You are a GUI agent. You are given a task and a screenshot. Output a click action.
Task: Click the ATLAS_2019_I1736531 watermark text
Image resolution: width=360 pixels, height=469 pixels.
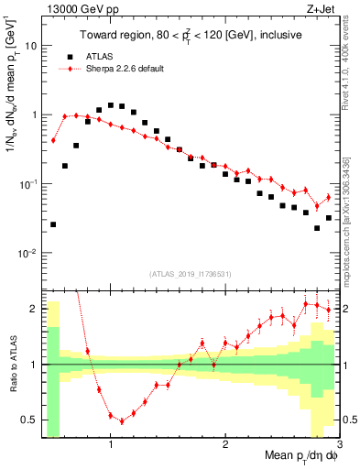(x=191, y=274)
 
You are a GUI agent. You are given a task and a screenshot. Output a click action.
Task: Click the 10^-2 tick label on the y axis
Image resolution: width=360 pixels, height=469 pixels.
(x=27, y=254)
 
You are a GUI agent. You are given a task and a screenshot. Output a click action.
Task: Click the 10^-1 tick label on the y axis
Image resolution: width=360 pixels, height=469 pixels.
(x=27, y=184)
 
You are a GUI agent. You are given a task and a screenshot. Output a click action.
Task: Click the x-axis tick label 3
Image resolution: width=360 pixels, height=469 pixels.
(x=338, y=445)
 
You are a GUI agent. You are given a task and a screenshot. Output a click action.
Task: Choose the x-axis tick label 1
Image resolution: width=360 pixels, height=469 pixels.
(x=111, y=445)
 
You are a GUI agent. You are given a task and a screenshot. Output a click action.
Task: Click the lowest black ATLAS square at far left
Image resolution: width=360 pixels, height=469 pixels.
(x=53, y=224)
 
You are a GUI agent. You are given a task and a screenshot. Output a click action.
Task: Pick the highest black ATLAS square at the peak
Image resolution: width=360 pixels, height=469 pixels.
(x=111, y=105)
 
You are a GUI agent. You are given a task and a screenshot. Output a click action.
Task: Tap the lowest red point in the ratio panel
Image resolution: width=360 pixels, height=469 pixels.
(x=122, y=421)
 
